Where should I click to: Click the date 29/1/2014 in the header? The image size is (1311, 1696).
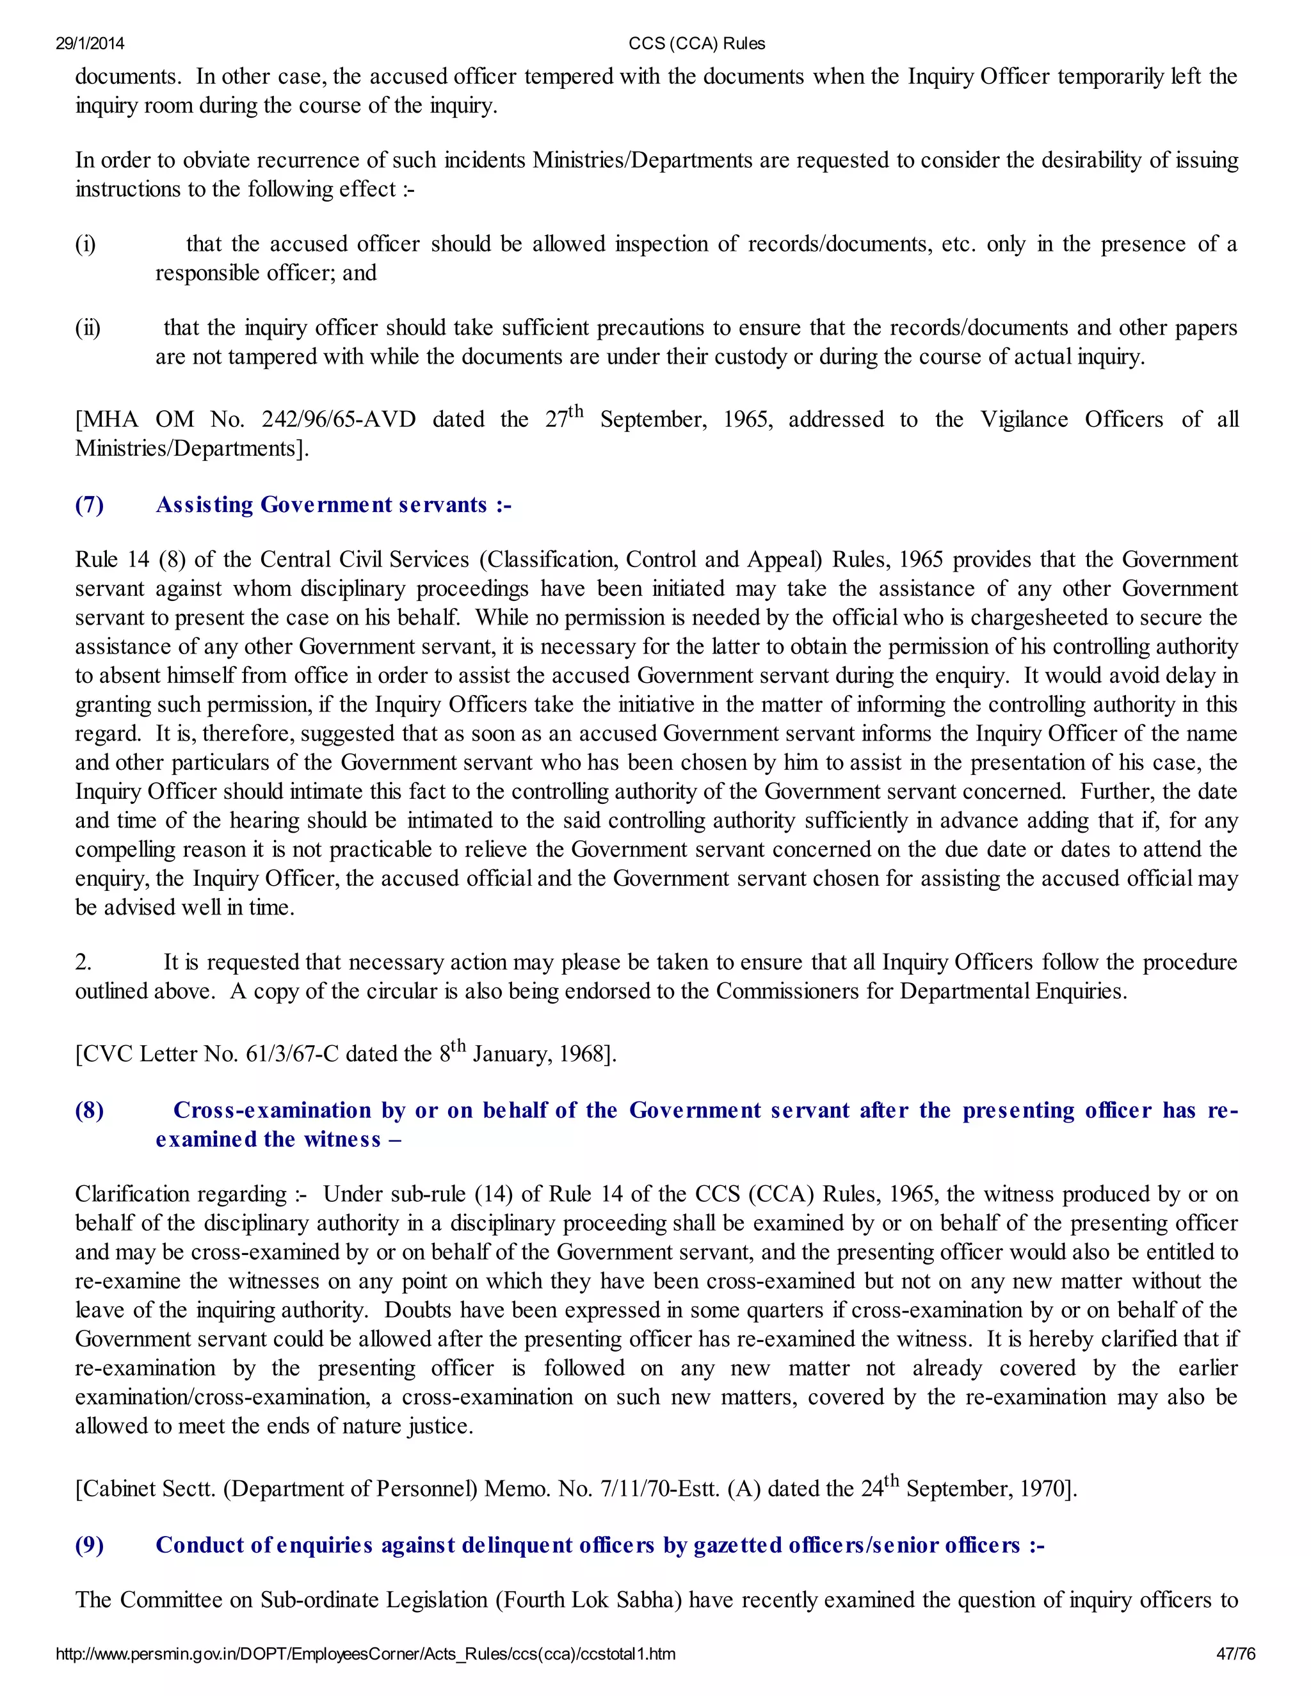[90, 44]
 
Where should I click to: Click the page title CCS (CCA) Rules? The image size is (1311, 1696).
[696, 44]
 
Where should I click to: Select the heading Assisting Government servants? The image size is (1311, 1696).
[333, 505]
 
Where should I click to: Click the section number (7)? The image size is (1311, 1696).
[90, 505]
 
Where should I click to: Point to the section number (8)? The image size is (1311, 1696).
[90, 1110]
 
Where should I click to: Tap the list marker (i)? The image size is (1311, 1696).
[85, 244]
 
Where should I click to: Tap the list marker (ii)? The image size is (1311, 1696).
[88, 328]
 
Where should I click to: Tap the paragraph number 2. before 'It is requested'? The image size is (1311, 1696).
[83, 962]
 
